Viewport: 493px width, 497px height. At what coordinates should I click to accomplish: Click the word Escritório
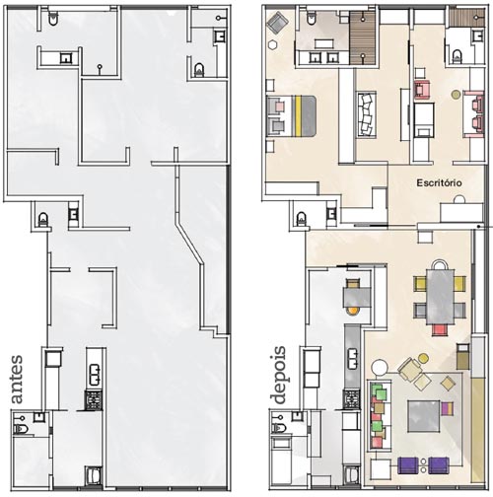(x=439, y=182)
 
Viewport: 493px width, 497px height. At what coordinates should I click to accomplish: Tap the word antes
(x=17, y=380)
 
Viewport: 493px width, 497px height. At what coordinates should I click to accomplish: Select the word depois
(x=278, y=375)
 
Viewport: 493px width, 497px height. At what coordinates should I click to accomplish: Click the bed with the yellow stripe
(x=291, y=115)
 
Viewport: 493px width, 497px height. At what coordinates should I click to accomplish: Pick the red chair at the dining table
(x=440, y=330)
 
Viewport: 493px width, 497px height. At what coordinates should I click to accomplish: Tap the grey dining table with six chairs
(x=441, y=296)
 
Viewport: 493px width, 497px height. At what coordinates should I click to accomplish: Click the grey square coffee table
(x=424, y=416)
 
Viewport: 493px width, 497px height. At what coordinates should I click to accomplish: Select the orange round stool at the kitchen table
(x=352, y=310)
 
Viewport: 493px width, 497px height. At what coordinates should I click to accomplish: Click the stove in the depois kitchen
(x=351, y=399)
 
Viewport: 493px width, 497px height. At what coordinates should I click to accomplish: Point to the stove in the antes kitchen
(x=94, y=400)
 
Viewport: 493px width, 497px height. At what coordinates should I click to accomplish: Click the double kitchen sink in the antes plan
(x=95, y=375)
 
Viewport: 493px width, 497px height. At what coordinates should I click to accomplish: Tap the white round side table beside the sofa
(x=380, y=367)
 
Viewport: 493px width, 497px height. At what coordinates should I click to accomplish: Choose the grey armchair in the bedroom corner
(x=277, y=23)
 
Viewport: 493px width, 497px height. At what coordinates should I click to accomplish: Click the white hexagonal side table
(x=272, y=45)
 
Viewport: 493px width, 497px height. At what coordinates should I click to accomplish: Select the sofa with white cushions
(x=367, y=113)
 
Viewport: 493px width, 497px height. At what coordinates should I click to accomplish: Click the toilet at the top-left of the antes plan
(x=53, y=18)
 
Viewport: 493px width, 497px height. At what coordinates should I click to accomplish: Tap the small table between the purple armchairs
(x=423, y=465)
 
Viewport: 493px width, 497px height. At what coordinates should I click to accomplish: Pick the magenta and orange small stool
(x=447, y=408)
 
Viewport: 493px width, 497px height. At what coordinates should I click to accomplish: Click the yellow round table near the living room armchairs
(x=423, y=358)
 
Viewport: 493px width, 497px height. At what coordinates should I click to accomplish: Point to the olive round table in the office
(x=456, y=95)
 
